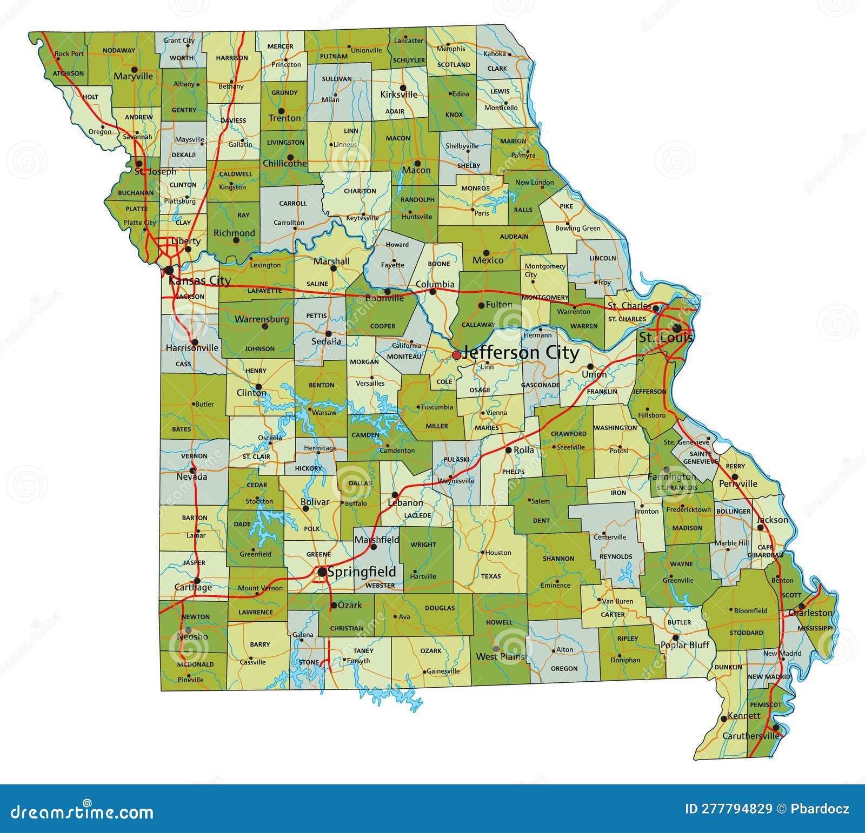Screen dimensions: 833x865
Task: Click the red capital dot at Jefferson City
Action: pyautogui.click(x=456, y=355)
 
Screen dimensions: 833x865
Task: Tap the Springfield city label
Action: pyautogui.click(x=362, y=572)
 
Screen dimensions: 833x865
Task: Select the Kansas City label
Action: pyautogui.click(x=199, y=280)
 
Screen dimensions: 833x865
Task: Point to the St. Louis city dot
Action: pyautogui.click(x=676, y=328)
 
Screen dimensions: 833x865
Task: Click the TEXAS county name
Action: pyautogui.click(x=491, y=576)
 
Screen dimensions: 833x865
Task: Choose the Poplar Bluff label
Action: pyautogui.click(x=685, y=645)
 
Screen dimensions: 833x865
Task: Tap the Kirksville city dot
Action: pyautogui.click(x=403, y=88)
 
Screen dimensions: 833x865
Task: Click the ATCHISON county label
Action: pyautogui.click(x=68, y=73)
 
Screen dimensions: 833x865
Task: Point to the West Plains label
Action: pyautogui.click(x=500, y=657)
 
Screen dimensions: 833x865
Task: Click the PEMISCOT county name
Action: pyautogui.click(x=765, y=705)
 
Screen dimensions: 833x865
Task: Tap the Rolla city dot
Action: pyautogui.click(x=508, y=450)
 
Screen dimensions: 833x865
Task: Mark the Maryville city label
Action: pyautogui.click(x=133, y=77)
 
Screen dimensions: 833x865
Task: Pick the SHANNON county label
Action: pyautogui.click(x=558, y=559)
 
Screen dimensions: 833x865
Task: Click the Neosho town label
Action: pyautogui.click(x=192, y=636)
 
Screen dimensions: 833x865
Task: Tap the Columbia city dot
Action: pyautogui.click(x=432, y=292)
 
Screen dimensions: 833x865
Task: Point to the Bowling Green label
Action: pyautogui.click(x=577, y=228)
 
